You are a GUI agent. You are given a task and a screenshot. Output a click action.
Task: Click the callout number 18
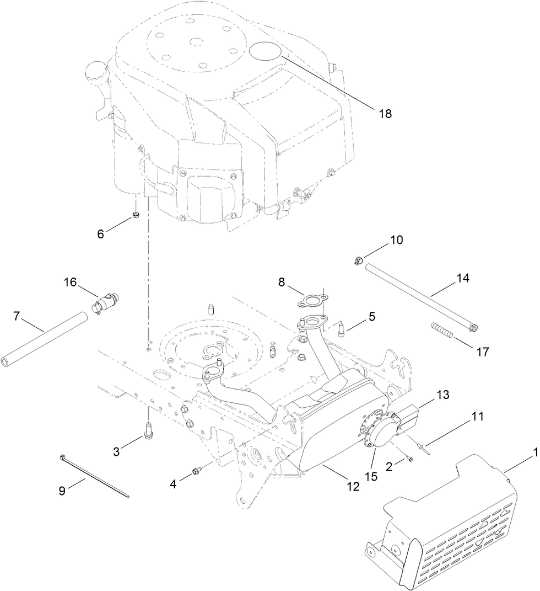tap(385, 113)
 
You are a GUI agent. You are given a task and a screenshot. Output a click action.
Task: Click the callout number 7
tap(17, 316)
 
